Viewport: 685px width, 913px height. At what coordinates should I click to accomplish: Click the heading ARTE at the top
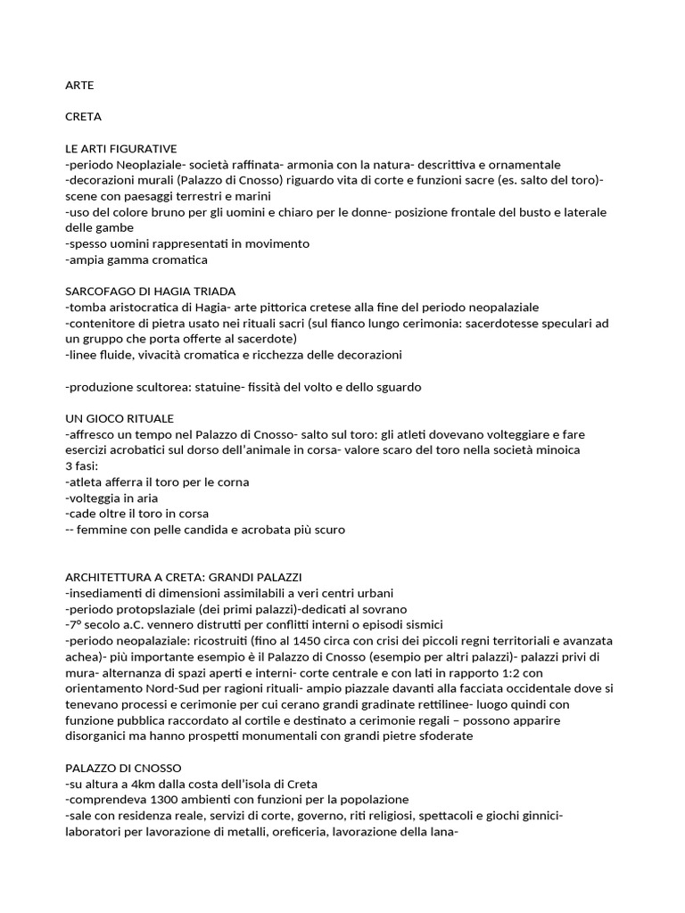79,86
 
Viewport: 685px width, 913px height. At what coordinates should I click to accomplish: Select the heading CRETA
84,117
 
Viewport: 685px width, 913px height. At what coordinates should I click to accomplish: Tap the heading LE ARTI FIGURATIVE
121,149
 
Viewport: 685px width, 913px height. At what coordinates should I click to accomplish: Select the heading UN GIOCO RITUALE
120,418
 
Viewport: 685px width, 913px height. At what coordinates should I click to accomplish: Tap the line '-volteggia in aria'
112,498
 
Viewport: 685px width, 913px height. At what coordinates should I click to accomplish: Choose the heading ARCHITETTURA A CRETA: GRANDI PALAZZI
190,578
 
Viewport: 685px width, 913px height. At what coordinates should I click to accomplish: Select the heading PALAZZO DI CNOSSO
124,768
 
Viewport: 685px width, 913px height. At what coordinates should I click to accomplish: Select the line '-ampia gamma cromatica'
136,260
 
